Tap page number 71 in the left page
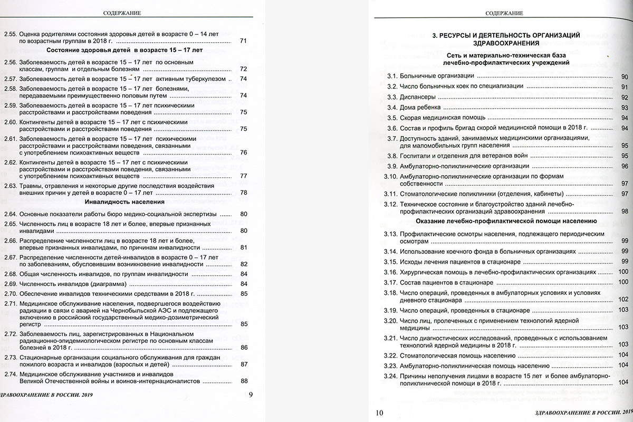pyautogui.click(x=243, y=41)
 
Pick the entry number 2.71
pyautogui.click(x=11, y=303)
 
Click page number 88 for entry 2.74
pyautogui.click(x=243, y=381)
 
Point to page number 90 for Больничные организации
pyautogui.click(x=624, y=77)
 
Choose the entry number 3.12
pyautogui.click(x=389, y=204)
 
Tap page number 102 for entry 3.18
pyautogui.click(x=623, y=300)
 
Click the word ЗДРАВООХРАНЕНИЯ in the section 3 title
pyautogui.click(x=506, y=44)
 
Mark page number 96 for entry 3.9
pyautogui.click(x=624, y=166)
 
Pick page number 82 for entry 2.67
pyautogui.click(x=243, y=264)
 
